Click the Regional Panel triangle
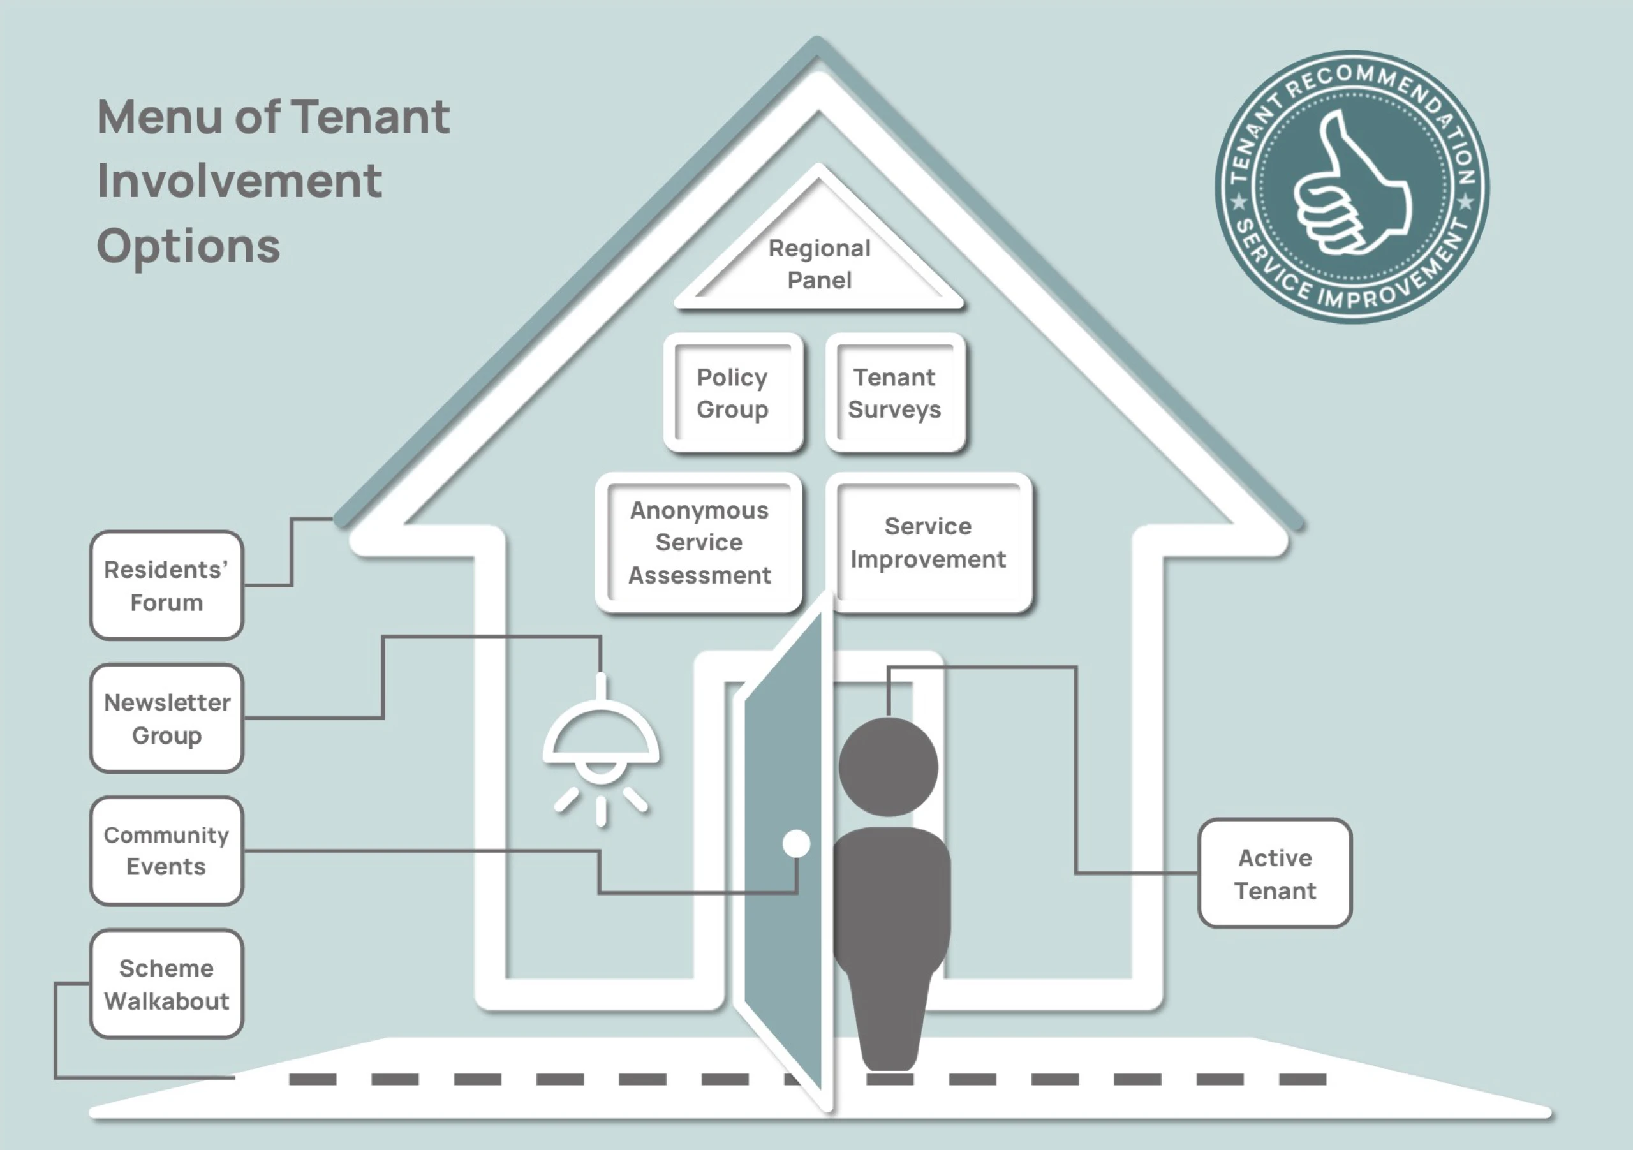pos(819,264)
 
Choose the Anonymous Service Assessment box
pos(699,543)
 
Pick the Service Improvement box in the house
pos(928,543)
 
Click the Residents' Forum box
pos(166,586)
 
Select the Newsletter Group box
pos(166,718)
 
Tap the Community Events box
pos(166,851)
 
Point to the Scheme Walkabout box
pos(166,984)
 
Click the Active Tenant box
pos(1275,873)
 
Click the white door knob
pos(796,843)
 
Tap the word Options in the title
pos(188,246)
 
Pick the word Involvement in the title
pos(240,181)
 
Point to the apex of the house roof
pos(818,44)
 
